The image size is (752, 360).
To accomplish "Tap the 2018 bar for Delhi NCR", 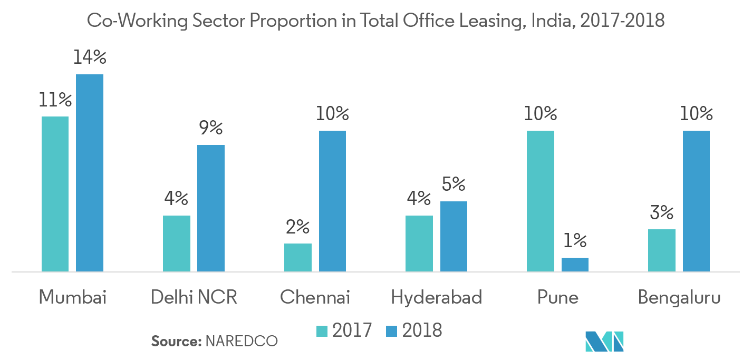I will [x=211, y=208].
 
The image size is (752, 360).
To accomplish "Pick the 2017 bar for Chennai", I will [x=298, y=258].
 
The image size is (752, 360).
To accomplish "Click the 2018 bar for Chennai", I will [x=332, y=201].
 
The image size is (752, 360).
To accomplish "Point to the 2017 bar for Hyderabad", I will [x=419, y=244].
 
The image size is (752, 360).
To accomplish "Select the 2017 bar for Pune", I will [x=541, y=201].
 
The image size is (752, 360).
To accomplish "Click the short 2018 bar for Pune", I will [x=575, y=265].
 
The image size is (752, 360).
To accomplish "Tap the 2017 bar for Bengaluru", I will [x=662, y=250].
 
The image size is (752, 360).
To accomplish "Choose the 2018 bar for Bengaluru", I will [x=696, y=201].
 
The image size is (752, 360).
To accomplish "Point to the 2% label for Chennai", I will [x=298, y=227].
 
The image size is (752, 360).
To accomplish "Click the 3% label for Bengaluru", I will [x=662, y=213].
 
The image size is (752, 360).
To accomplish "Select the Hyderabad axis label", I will [x=437, y=298].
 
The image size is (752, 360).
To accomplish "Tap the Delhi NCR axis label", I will [x=194, y=298].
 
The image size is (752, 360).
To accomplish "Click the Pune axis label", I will [x=558, y=298].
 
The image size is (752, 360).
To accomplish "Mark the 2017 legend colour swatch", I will [x=322, y=331].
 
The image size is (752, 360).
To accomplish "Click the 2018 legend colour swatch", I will [x=391, y=331].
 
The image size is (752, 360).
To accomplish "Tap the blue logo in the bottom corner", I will [x=604, y=342].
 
